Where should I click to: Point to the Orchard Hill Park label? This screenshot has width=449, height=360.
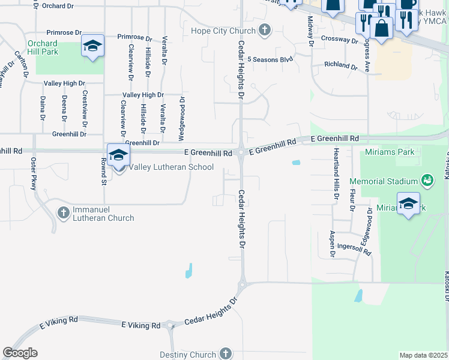pos(42,48)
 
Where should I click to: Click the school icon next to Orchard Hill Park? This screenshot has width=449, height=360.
pos(93,47)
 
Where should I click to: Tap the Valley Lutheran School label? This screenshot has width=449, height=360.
pos(171,167)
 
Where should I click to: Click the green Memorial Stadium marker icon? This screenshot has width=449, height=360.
pos(427,180)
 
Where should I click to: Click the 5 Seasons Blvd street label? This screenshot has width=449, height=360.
pos(270,59)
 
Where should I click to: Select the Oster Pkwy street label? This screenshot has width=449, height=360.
pos(34,174)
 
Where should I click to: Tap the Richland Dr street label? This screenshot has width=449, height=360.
pos(340,64)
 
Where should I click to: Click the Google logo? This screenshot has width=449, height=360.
pos(20,353)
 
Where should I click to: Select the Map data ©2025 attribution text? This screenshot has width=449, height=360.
pos(423,355)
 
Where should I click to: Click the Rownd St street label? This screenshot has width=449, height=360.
pos(103,173)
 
